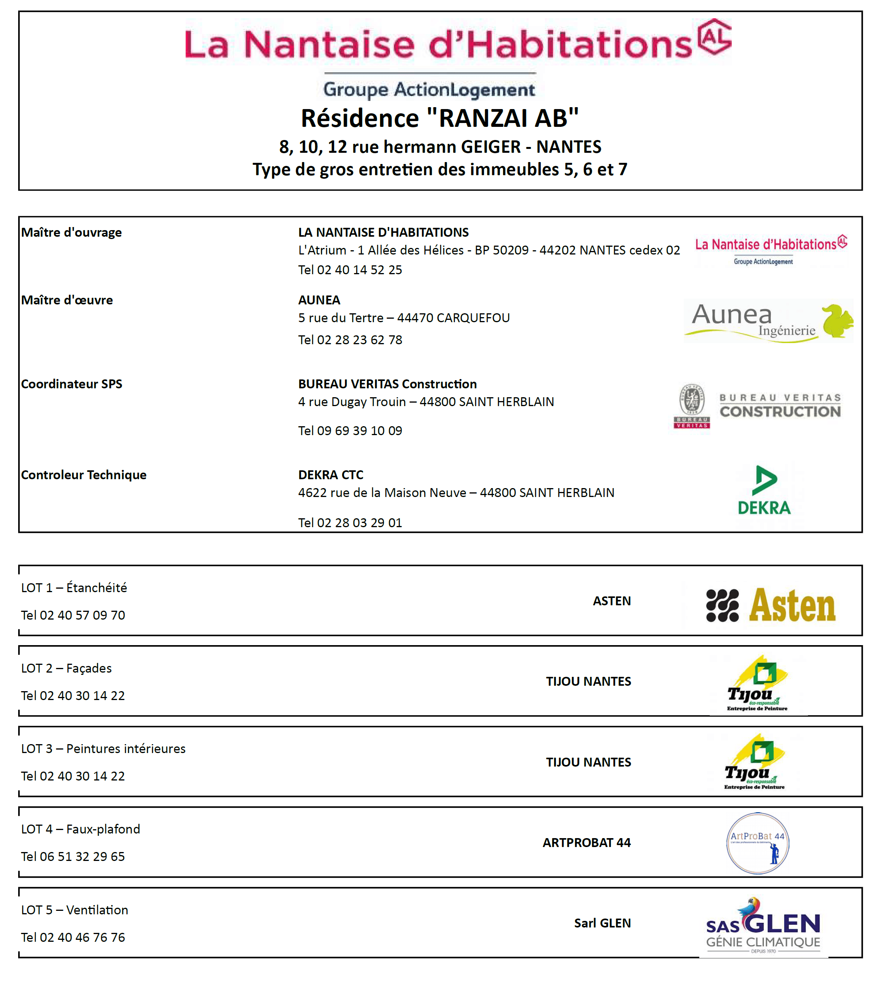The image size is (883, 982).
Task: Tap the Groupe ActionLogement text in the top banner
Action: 429,89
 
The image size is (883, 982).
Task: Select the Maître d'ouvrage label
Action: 71,232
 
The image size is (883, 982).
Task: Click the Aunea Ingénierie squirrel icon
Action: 837,321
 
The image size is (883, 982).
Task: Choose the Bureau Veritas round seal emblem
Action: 692,400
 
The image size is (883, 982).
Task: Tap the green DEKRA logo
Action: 764,490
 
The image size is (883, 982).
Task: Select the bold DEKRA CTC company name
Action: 330,475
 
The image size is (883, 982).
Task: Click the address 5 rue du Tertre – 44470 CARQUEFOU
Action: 404,318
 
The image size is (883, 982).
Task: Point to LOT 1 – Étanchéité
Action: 74,587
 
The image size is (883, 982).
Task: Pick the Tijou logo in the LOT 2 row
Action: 757,684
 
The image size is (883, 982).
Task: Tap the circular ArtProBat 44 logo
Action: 757,843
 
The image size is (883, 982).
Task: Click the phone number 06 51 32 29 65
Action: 73,856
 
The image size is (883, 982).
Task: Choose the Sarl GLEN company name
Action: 602,923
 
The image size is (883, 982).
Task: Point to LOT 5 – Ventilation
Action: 74,910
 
